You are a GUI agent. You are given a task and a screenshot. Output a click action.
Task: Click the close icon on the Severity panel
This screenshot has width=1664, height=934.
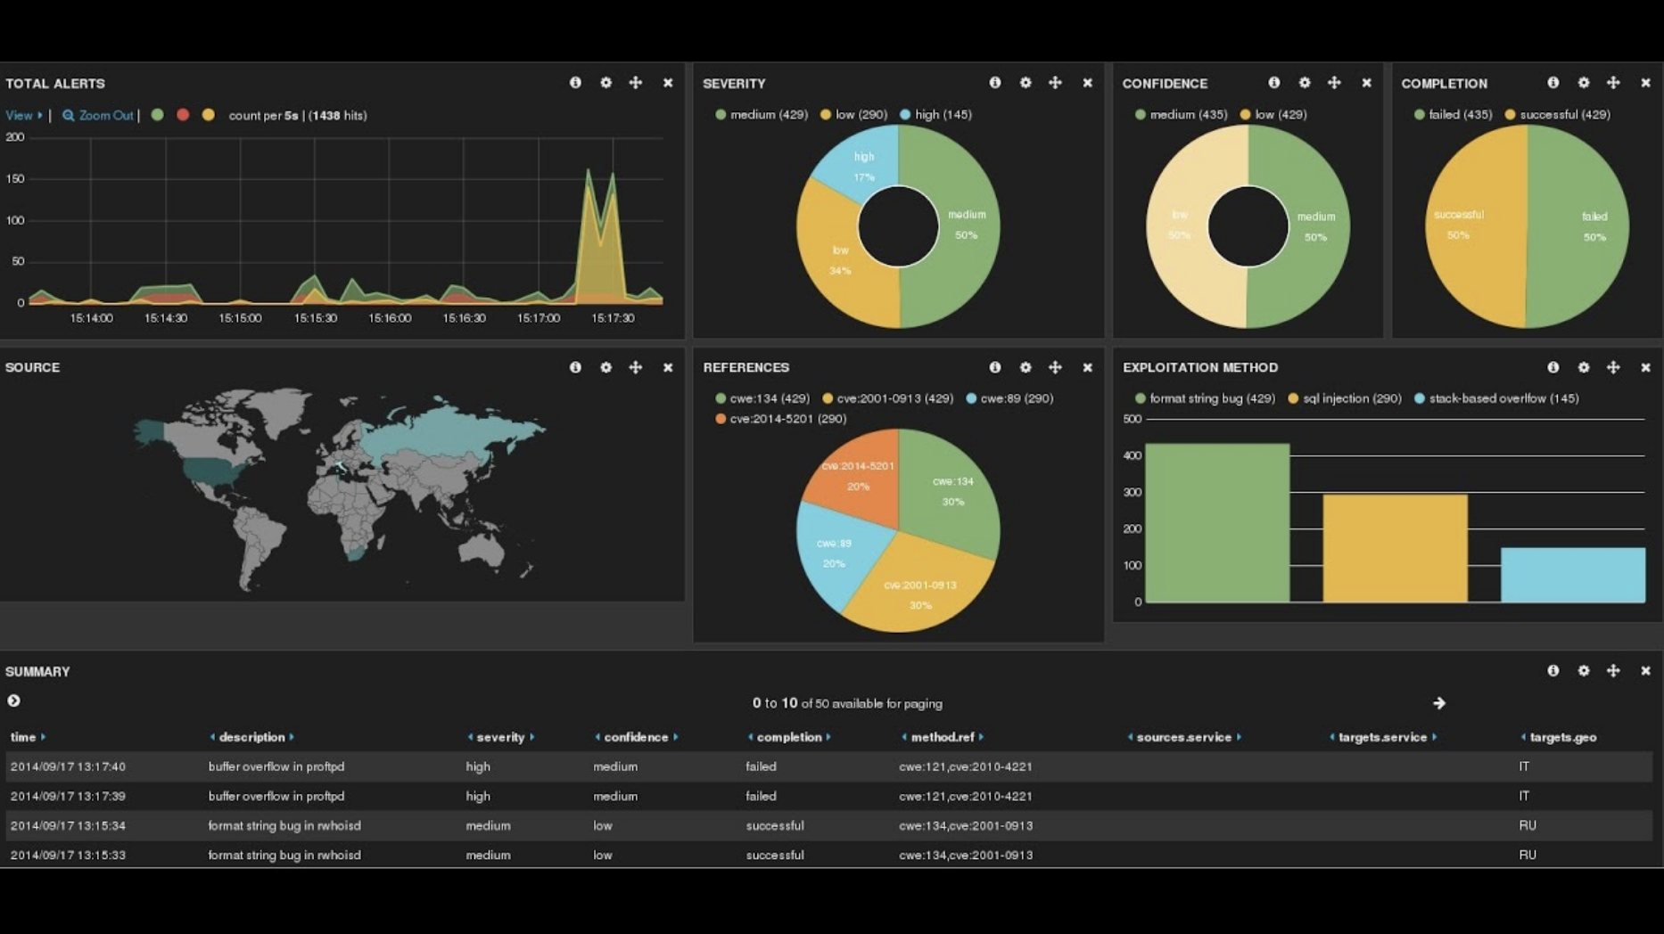point(1087,83)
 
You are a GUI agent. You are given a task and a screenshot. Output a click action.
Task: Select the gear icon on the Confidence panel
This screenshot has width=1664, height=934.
point(1305,83)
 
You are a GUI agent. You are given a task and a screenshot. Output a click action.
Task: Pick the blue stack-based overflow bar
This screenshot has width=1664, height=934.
point(1572,575)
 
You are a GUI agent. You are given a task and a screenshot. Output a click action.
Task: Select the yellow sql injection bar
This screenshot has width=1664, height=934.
point(1395,548)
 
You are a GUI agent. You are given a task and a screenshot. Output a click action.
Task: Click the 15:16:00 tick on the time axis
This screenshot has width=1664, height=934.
point(390,318)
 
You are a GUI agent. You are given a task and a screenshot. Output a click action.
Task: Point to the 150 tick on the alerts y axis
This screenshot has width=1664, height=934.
point(15,179)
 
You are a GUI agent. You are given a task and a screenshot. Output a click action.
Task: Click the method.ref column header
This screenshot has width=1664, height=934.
point(942,737)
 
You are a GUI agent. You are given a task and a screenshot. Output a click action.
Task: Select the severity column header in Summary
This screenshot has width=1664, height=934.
point(500,737)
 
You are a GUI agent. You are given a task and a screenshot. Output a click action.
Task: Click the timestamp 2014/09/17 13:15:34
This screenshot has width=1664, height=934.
point(68,825)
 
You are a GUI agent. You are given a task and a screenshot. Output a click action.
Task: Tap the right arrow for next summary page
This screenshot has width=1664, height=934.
point(1438,703)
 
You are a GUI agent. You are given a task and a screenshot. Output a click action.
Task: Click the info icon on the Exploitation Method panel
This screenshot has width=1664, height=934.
point(1553,367)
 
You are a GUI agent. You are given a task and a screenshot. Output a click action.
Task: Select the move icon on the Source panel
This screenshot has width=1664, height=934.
point(635,367)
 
